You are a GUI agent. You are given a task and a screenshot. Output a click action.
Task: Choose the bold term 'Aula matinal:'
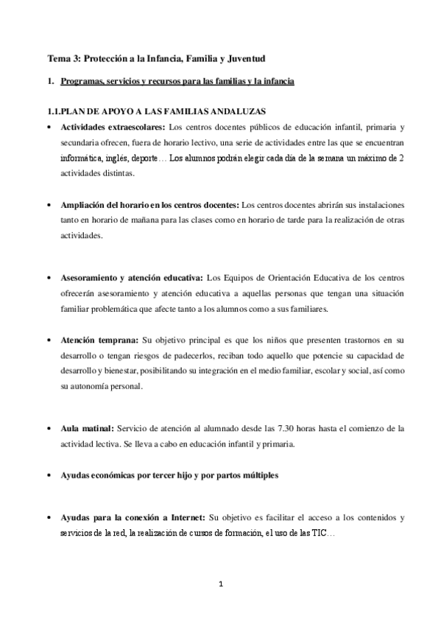(88, 428)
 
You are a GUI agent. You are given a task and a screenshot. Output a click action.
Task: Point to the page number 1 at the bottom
(220, 584)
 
